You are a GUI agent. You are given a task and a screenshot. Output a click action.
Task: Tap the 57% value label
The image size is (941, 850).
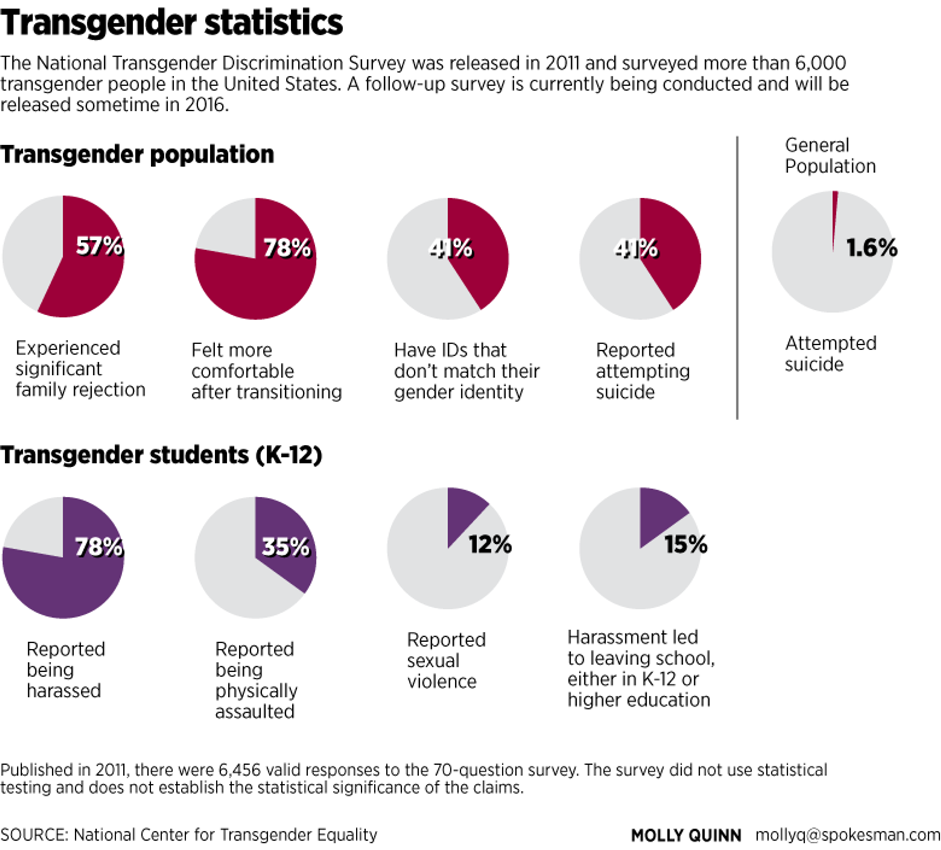click(x=100, y=246)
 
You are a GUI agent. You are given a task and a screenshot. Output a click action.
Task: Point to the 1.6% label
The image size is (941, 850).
click(x=872, y=247)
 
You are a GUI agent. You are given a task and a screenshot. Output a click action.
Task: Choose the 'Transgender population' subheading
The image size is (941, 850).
click(x=137, y=154)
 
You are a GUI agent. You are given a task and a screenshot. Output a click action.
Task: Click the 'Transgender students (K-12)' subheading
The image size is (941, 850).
click(x=161, y=455)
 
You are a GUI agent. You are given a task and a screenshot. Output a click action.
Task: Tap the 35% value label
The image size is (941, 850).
click(x=286, y=547)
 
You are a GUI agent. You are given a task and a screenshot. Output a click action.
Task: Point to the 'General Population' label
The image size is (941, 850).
click(x=830, y=156)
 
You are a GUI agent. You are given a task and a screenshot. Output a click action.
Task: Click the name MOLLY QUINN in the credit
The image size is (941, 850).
click(x=686, y=835)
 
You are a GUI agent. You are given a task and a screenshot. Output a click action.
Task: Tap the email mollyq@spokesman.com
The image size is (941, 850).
click(x=848, y=835)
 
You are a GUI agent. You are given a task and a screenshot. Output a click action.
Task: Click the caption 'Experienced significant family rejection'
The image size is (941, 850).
click(x=80, y=368)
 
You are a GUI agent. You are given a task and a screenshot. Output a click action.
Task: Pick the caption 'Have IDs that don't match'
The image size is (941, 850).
click(x=467, y=371)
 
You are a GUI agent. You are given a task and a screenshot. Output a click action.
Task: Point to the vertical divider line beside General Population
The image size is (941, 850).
click(x=737, y=278)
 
